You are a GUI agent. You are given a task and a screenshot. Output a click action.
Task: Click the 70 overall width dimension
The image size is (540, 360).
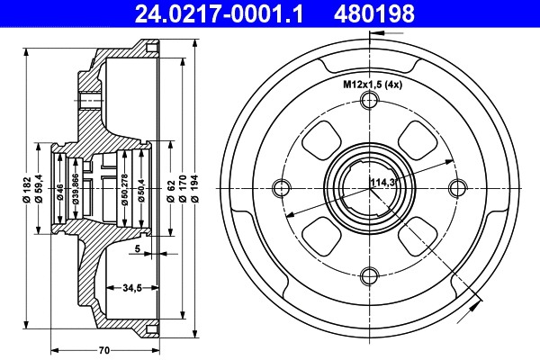[x=104, y=349]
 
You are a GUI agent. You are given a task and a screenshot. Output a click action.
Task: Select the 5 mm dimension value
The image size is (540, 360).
[x=137, y=248]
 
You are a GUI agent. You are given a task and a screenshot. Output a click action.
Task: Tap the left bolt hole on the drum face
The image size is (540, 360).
[x=281, y=187]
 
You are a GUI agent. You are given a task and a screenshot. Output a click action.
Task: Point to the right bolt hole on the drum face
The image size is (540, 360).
[x=457, y=187]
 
